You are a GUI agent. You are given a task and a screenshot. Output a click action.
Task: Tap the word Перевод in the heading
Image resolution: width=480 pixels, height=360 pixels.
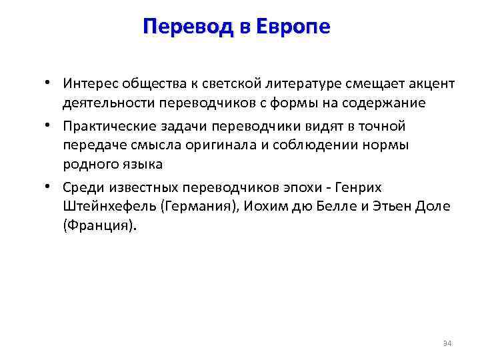tap(186, 27)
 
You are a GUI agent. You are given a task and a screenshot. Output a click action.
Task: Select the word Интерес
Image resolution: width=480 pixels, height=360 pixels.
tap(88, 84)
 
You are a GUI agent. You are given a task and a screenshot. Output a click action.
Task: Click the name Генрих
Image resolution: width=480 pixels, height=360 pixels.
tap(359, 187)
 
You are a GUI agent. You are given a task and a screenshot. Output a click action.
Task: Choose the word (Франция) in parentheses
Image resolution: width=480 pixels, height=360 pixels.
tap(99, 225)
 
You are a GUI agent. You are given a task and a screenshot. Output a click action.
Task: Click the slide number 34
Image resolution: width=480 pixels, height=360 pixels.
tap(447, 343)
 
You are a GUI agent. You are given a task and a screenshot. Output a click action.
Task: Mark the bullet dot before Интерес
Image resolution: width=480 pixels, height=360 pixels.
tap(49, 84)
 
